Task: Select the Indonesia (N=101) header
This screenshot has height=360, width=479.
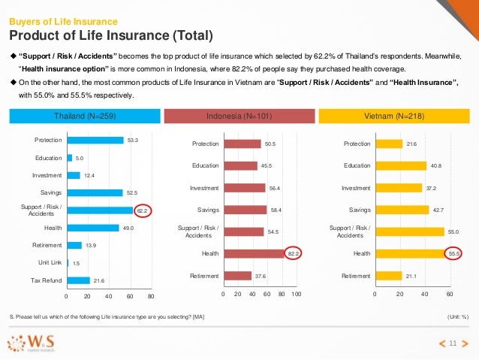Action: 237,116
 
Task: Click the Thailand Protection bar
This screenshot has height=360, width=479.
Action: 95,140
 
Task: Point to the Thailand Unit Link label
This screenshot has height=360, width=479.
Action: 50,263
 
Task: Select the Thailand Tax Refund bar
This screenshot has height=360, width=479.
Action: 79,280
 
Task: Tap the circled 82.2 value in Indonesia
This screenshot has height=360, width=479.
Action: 294,255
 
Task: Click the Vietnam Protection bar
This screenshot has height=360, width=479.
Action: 388,144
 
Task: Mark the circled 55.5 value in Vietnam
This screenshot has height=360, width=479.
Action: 453,255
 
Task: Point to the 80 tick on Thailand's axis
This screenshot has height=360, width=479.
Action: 151,297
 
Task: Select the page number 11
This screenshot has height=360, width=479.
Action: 453,343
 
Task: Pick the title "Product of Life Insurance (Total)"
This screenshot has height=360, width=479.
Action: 110,36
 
